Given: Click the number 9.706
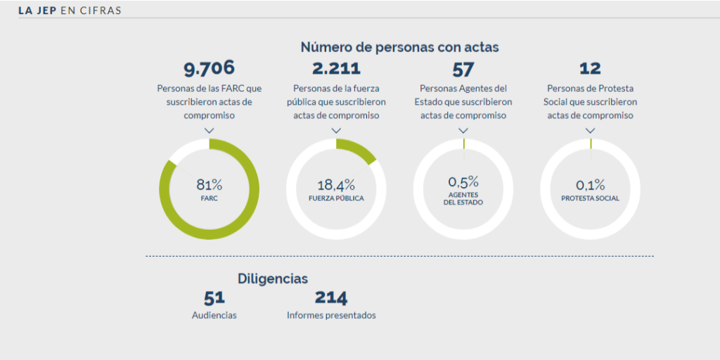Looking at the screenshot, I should pos(209,68).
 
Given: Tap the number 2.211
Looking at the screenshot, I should pos(336,68).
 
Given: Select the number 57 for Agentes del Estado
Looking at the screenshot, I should pos(463,69).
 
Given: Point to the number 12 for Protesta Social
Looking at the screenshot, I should pos(590,68).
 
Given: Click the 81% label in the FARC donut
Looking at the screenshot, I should pos(209,185).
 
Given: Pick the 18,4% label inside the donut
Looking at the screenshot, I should pos(336,186).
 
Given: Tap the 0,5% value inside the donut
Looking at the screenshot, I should pos(463,182).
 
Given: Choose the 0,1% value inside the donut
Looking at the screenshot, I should pos(590,186).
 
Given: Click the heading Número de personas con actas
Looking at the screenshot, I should pos(399,47).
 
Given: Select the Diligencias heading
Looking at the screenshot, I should pos(273,278).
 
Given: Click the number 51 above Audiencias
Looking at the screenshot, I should pos(214,298).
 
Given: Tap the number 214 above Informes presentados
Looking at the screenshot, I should pos(331,298).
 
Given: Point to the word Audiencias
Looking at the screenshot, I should pos(214,316).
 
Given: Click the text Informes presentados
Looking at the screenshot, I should pos(331,316).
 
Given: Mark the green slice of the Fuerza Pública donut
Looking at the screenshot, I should pos(359,150).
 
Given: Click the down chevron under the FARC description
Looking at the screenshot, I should pos(209,130).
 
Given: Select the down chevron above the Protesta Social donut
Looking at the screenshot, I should pos(590,130).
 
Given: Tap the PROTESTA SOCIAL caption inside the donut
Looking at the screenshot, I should pos(590,198).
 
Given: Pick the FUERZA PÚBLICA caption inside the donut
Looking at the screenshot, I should pos(336,198).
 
